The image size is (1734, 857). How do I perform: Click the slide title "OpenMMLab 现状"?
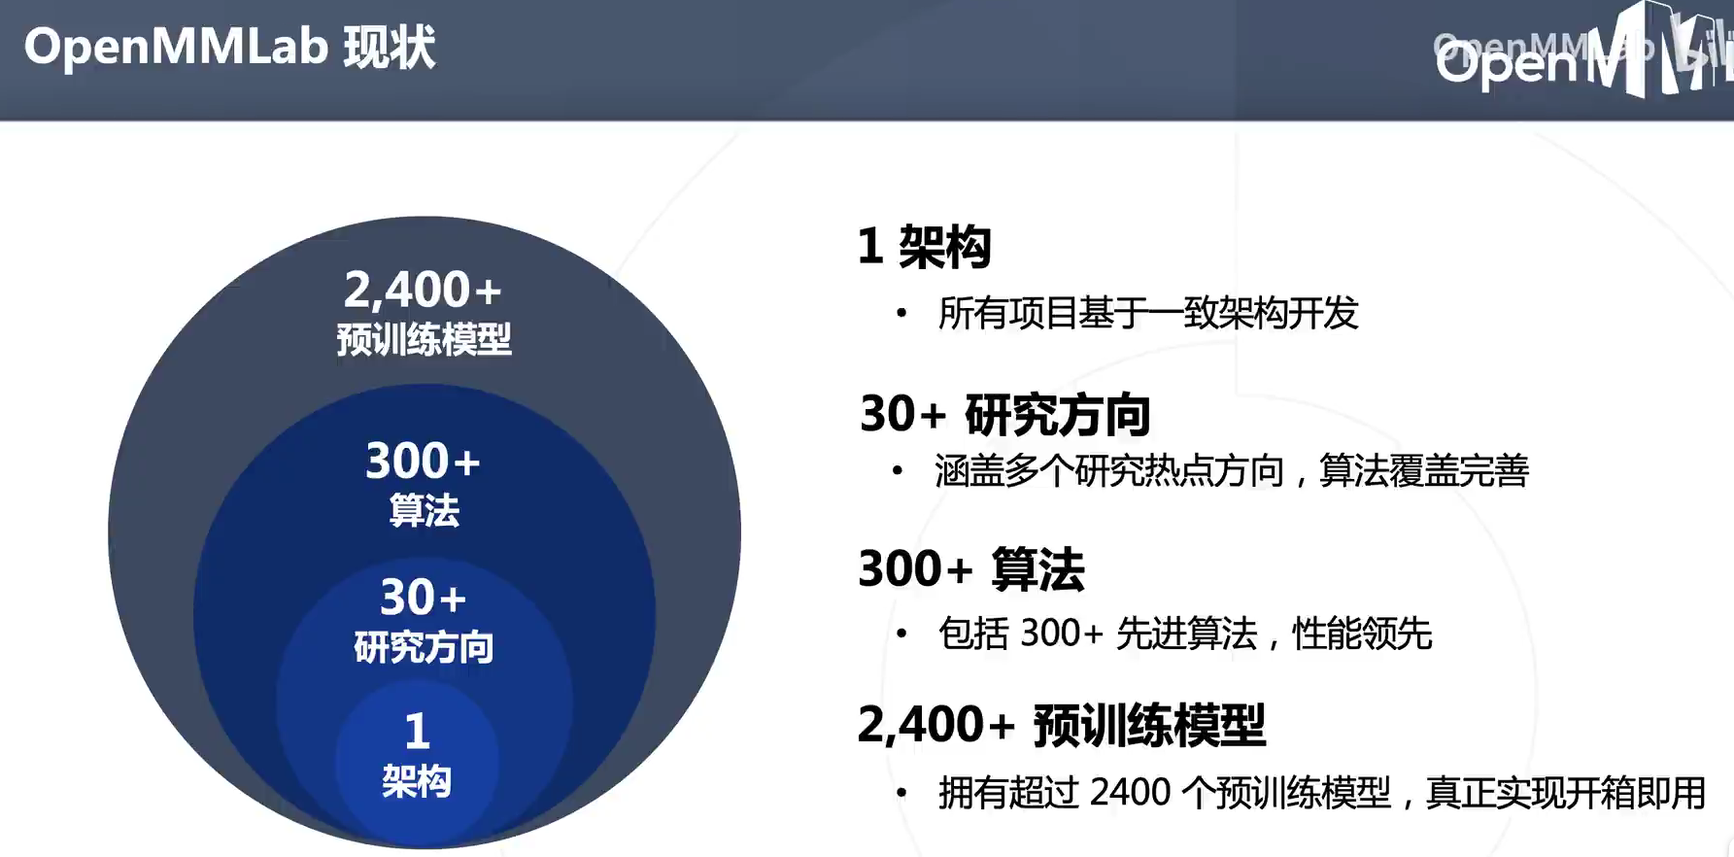coord(230,47)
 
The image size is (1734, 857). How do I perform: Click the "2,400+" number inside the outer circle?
coord(423,290)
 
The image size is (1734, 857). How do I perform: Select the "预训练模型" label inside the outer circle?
coord(424,339)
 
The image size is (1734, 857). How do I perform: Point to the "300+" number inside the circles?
coord(423,461)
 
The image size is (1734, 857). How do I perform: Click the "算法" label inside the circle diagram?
coord(424,510)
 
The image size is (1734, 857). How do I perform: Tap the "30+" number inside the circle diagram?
coord(423,597)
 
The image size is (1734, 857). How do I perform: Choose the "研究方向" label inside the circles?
coord(424,647)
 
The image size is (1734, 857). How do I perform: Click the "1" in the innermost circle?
coord(417,731)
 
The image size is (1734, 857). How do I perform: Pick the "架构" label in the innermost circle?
coord(417,781)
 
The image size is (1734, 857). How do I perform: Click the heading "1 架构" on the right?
coord(924,246)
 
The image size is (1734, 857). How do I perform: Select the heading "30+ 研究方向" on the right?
coord(1004,414)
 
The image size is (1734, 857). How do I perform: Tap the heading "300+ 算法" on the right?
coord(970,569)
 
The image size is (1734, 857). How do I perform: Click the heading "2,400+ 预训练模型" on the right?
coord(1061,725)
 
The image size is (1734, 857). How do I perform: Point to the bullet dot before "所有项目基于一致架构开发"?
coord(901,313)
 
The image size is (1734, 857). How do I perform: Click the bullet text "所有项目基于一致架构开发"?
coord(1147,313)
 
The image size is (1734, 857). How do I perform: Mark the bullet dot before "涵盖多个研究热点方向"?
coord(898,471)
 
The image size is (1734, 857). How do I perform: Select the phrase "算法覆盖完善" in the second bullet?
coord(1424,471)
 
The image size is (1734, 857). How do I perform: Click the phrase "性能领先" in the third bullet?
coord(1362,634)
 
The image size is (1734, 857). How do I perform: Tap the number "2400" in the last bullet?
coord(1130,793)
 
